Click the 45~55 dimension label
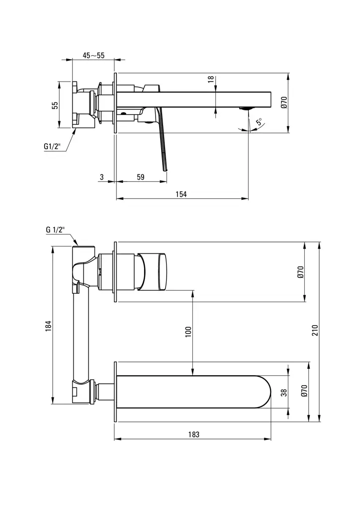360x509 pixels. [93, 56]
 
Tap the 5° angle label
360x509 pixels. [259, 122]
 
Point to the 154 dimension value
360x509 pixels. [181, 194]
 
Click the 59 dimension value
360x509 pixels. [140, 177]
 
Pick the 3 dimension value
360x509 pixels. [102, 177]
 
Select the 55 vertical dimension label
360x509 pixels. [55, 105]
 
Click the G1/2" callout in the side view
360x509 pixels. [52, 147]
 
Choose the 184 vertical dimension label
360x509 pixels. [48, 326]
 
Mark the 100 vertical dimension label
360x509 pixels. [188, 332]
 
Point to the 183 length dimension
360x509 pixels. [194, 434]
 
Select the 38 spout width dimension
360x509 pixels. [283, 392]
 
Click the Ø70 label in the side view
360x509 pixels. [283, 102]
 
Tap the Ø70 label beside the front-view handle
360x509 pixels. [300, 272]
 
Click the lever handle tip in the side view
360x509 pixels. [165, 168]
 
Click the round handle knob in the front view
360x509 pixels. [154, 271]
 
